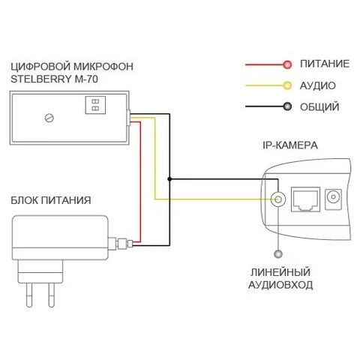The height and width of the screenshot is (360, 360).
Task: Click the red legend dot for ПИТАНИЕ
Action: [287, 64]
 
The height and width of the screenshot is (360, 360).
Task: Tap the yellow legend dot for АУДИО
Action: [287, 85]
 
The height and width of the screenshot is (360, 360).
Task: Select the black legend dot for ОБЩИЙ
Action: [287, 106]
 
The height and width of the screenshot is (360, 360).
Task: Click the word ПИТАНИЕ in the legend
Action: [325, 64]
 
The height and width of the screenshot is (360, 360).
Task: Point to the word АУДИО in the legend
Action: [317, 85]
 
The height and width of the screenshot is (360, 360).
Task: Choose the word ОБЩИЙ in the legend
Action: [319, 106]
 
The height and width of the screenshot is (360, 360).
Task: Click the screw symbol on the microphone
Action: [49, 118]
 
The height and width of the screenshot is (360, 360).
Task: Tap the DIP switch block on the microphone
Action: [95, 105]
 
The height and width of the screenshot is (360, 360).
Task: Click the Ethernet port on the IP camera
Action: [305, 199]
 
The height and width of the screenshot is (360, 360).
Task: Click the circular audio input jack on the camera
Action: [278, 199]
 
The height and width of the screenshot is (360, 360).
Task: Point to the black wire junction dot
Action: [169, 179]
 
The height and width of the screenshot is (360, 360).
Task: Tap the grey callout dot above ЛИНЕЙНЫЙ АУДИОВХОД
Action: [278, 254]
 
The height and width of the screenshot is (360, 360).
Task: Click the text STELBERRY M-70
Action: [54, 79]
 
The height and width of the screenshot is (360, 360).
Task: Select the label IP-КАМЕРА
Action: [290, 145]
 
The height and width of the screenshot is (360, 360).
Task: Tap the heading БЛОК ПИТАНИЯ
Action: [51, 200]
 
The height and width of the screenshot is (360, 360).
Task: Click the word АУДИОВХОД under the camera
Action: [280, 285]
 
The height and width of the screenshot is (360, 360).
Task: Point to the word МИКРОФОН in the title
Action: [103, 67]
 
